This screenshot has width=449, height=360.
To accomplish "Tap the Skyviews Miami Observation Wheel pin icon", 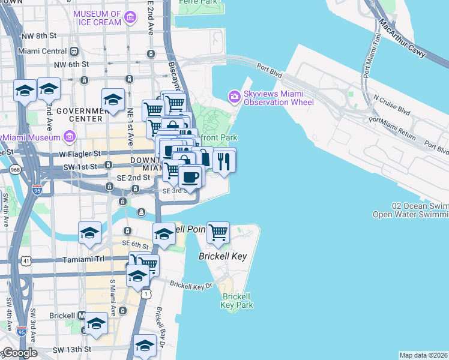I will coord(234,96).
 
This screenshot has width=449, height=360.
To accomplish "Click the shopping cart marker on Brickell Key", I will coord(218,232).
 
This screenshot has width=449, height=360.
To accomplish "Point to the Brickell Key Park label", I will coord(237,301).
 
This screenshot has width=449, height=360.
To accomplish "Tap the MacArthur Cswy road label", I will coord(403,42).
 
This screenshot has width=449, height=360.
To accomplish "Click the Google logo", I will coord(19,353).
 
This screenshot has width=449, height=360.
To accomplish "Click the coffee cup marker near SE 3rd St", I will coord(190,178).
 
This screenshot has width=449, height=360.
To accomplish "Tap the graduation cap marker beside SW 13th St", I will coord(145,347).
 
